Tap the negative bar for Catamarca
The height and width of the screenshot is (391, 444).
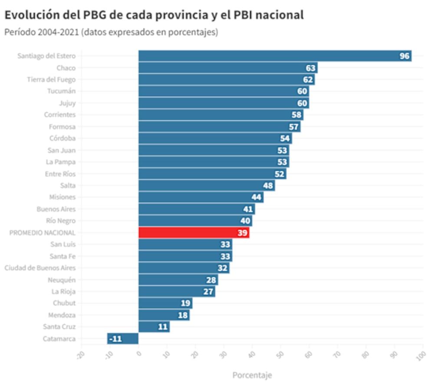[x=123, y=338]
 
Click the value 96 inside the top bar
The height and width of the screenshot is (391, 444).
[x=405, y=56]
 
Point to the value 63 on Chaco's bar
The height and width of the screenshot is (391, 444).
[x=311, y=68]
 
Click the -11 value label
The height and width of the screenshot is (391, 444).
[x=115, y=338]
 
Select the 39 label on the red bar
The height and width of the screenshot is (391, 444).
[x=243, y=232]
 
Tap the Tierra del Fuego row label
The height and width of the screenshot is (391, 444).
[x=51, y=80]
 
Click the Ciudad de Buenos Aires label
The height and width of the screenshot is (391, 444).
[x=40, y=268]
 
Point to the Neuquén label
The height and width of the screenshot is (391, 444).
[x=62, y=279]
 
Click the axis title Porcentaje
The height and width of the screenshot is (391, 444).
[x=252, y=374]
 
